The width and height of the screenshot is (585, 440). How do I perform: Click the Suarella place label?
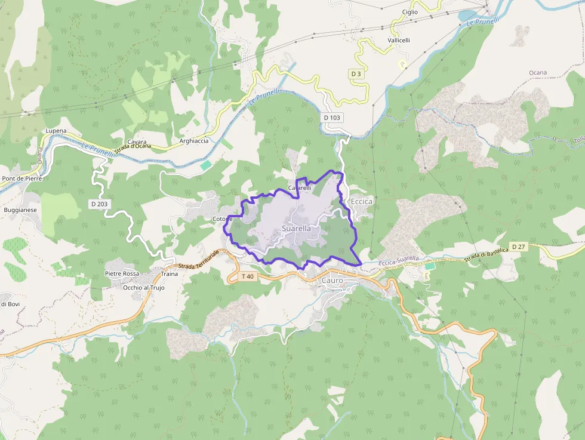tap(295, 229)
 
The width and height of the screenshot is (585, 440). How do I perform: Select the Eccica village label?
tap(362, 202)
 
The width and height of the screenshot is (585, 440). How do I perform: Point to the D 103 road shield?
tap(332, 118)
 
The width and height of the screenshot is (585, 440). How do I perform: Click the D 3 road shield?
tap(356, 73)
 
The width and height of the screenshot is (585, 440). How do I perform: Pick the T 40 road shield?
tap(248, 276)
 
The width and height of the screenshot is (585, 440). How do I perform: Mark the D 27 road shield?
tap(518, 247)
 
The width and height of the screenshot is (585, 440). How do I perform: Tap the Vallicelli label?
tap(399, 40)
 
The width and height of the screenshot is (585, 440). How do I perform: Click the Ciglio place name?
tap(410, 12)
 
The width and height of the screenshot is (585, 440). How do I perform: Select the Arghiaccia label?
tap(194, 141)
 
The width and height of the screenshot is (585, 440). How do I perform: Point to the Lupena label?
tap(56, 131)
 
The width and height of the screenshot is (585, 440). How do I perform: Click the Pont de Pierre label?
tap(21, 179)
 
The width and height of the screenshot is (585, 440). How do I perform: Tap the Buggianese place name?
tap(20, 210)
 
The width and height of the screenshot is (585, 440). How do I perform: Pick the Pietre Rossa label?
tap(122, 273)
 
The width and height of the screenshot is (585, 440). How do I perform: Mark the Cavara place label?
tap(137, 142)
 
